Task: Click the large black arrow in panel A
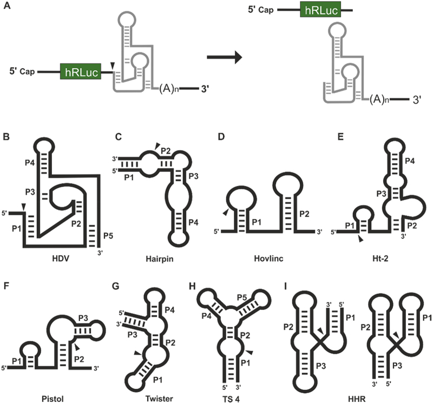pyautogui.click(x=224, y=57)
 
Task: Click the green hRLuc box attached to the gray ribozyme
pyautogui.click(x=81, y=71)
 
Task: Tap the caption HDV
pyautogui.click(x=61, y=259)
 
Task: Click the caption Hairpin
pyautogui.click(x=160, y=259)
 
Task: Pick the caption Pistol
pyautogui.click(x=53, y=399)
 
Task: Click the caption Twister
pyautogui.click(x=159, y=399)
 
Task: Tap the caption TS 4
pyautogui.click(x=232, y=399)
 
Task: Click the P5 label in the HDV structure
pyautogui.click(x=108, y=236)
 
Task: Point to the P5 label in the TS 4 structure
pyautogui.click(x=242, y=298)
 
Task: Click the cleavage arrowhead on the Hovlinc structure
pyautogui.click(x=226, y=212)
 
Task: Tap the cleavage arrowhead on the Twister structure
pyautogui.click(x=137, y=353)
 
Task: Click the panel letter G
pyautogui.click(x=116, y=286)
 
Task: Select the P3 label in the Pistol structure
pyautogui.click(x=83, y=318)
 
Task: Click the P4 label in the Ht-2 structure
pyautogui.click(x=410, y=161)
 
